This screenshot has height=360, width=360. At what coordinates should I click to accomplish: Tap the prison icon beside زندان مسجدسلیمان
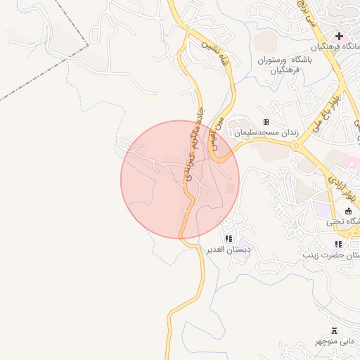(266, 122)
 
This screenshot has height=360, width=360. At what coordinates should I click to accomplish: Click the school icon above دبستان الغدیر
(229, 239)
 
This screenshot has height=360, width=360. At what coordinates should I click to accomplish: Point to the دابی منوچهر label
(335, 342)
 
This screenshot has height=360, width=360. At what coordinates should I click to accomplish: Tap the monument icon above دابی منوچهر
(334, 330)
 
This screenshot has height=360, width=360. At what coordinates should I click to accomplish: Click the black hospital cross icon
(339, 36)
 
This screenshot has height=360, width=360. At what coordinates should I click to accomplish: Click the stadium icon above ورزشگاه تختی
(348, 211)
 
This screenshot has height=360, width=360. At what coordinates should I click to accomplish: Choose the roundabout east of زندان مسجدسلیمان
(303, 147)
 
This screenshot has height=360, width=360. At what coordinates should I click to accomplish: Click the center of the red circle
(180, 179)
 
